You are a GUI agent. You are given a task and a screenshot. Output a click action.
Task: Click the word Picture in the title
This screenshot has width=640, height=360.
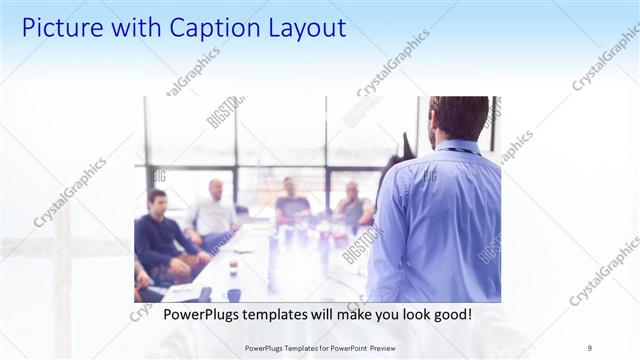[x=62, y=27]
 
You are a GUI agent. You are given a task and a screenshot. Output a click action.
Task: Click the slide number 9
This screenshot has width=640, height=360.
[x=589, y=347]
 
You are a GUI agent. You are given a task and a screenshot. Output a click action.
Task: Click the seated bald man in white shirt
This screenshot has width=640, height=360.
[x=213, y=212]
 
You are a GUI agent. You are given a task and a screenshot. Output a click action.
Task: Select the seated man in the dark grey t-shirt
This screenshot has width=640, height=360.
[x=291, y=205]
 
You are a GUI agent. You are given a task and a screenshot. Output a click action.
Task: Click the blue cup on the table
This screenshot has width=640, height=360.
[x=233, y=294]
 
